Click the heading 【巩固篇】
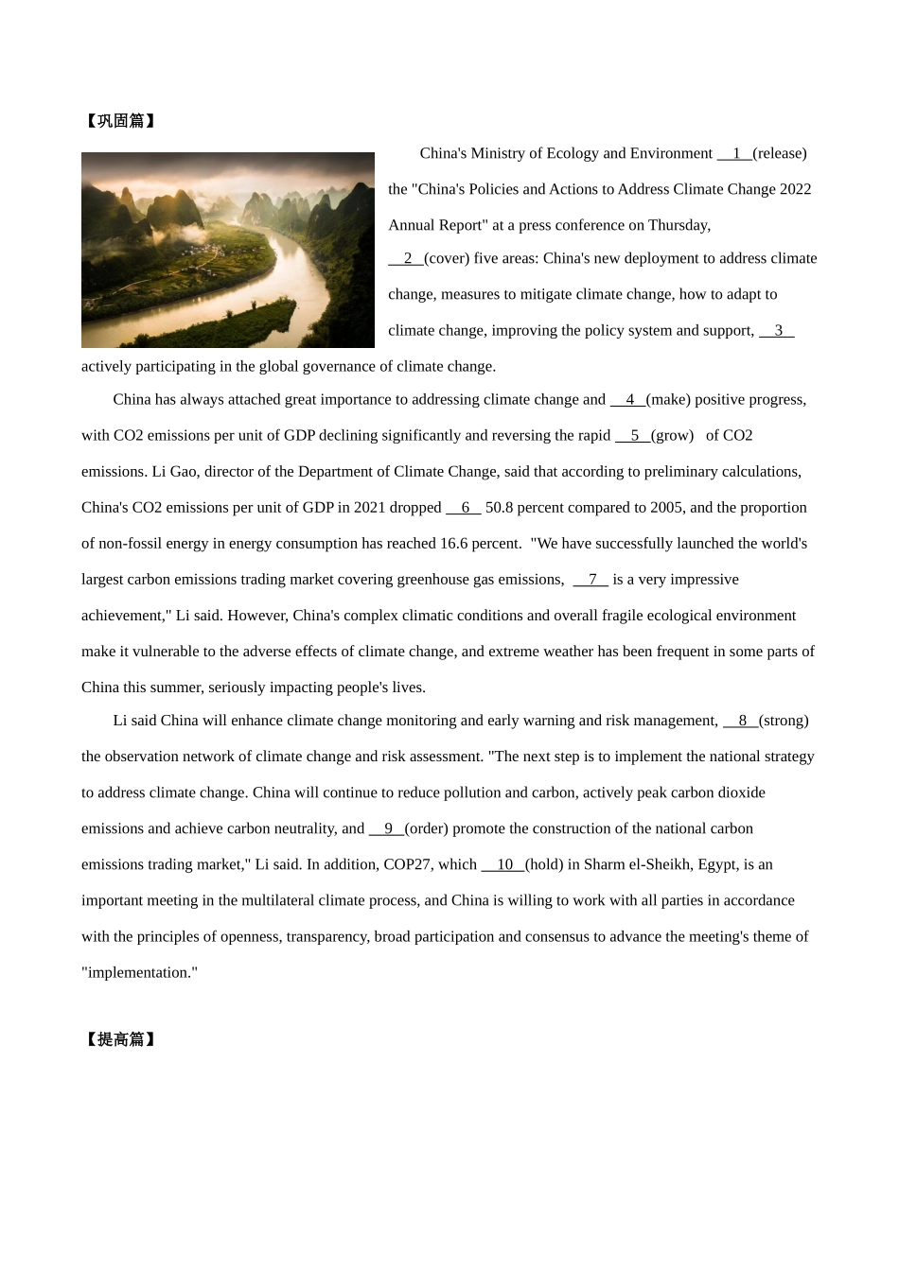point(120,121)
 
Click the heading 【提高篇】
point(120,1039)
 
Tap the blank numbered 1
point(734,153)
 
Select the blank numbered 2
point(406,258)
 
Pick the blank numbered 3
point(777,330)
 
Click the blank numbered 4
point(628,399)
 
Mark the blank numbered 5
point(633,435)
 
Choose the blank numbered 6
point(464,507)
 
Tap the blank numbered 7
point(591,579)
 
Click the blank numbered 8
point(741,721)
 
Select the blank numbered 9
point(387,828)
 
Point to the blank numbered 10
point(503,864)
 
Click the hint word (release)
point(780,153)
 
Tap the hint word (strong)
point(784,721)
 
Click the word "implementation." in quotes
point(140,972)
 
